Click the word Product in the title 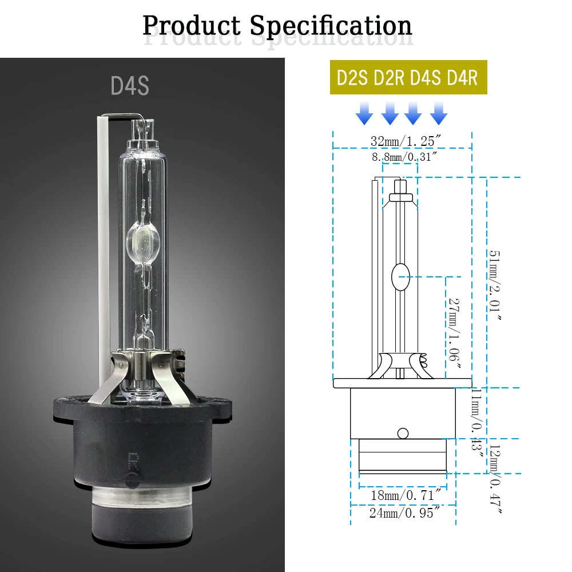192,26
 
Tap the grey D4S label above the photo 130,86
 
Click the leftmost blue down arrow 364,113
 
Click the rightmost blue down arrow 439,113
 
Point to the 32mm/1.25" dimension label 406,141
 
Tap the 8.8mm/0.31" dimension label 404,157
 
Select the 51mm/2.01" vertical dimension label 495,285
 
